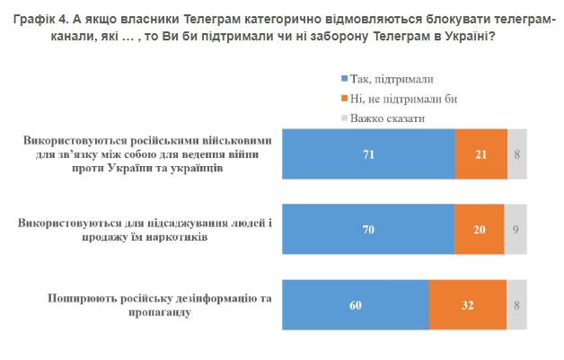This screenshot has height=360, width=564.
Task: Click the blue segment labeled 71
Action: tap(368, 154)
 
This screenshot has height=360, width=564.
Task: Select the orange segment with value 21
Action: tap(481, 154)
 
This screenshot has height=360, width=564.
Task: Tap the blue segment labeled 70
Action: tap(367, 229)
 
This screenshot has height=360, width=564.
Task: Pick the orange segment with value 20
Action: tap(479, 229)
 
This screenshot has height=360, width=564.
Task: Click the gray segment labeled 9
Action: tap(516, 229)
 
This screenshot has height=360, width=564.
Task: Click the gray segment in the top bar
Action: tap(517, 154)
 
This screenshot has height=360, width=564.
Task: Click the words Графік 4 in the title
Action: tap(34, 10)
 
